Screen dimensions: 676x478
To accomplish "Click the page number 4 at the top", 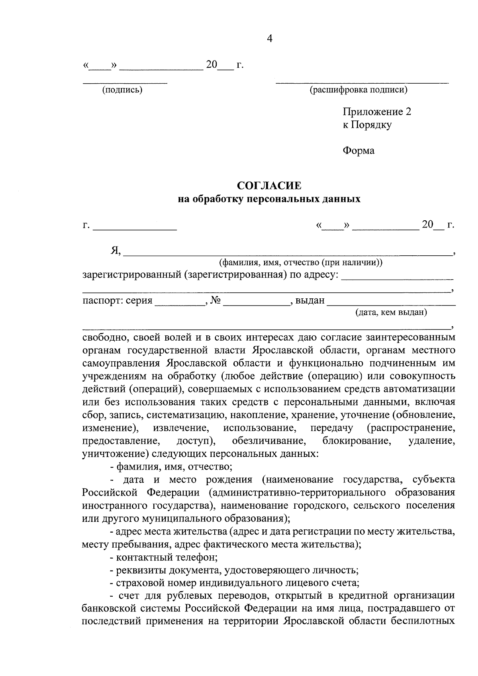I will (269, 39).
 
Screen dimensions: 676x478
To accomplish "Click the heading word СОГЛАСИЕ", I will (269, 186).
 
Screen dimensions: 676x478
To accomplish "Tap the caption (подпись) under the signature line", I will (122, 90).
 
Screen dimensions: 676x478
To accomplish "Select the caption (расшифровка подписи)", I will (359, 90).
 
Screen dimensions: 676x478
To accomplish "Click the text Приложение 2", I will (376, 112).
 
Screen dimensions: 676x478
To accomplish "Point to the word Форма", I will (358, 151).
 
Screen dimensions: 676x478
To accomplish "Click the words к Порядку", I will (367, 125).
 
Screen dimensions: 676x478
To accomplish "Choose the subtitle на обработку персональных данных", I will (269, 199).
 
